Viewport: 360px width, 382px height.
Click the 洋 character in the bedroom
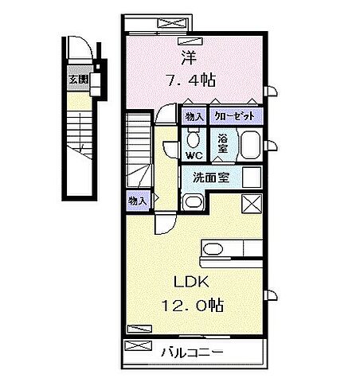(x=188, y=57)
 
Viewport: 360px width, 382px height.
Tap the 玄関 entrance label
(x=77, y=78)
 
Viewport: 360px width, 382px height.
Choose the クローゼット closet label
(x=235, y=115)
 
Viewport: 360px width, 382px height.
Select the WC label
(x=194, y=155)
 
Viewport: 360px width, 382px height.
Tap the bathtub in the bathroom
(x=250, y=145)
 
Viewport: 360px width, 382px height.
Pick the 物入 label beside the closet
(x=194, y=115)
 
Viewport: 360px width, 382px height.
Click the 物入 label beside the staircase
(x=137, y=201)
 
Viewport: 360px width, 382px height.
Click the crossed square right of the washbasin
(x=250, y=203)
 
